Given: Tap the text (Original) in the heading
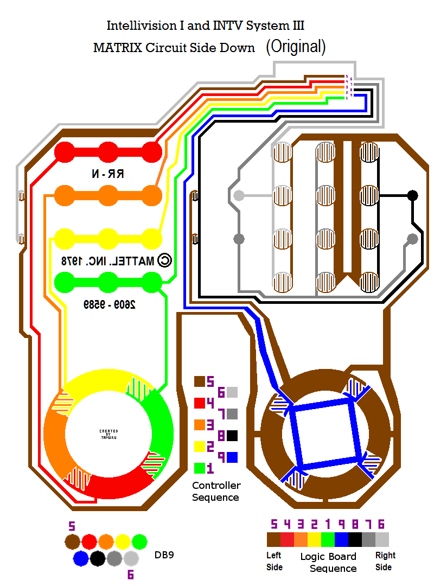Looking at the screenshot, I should pos(296,47).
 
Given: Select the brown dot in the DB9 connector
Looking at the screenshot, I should pos(73,542).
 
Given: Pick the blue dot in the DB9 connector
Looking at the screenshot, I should pos(81,558).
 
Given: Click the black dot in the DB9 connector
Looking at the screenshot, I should pos(98,558).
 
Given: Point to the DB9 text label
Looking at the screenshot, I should pos(164,555).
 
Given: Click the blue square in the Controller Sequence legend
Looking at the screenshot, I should pos(233,457).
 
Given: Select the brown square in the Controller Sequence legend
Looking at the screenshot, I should pos(200,381).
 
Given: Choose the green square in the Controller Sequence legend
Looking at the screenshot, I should pos(200,468).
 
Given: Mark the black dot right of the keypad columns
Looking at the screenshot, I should pos(412,195).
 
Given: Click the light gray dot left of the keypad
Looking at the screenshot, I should pos(239,195).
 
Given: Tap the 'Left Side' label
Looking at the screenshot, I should pos(275,561).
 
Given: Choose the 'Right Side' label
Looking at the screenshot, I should pos(385,561).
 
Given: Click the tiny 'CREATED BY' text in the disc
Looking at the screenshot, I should pos(108,434).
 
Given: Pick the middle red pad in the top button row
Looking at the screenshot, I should pos(108,151).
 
